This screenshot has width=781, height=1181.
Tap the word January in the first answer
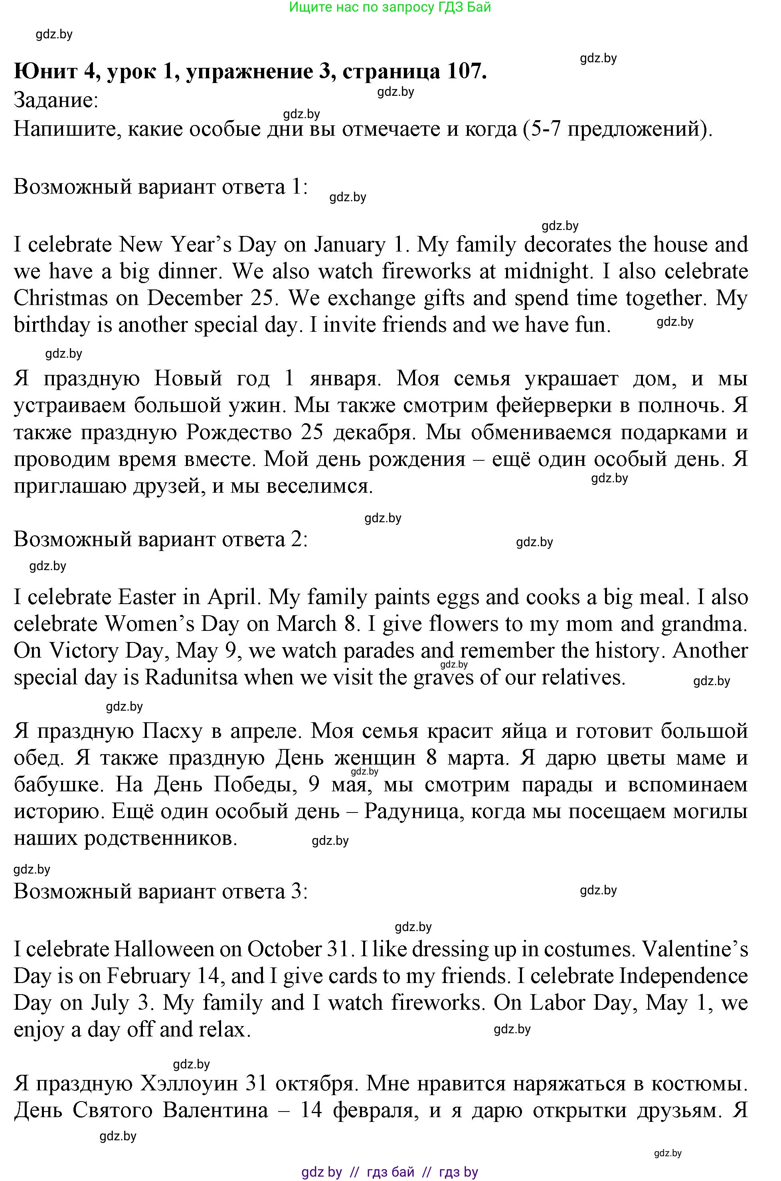tap(350, 245)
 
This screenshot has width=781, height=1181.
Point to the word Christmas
tap(60, 298)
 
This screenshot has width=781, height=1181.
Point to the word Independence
tap(683, 976)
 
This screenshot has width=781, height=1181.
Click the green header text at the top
tap(390, 7)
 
